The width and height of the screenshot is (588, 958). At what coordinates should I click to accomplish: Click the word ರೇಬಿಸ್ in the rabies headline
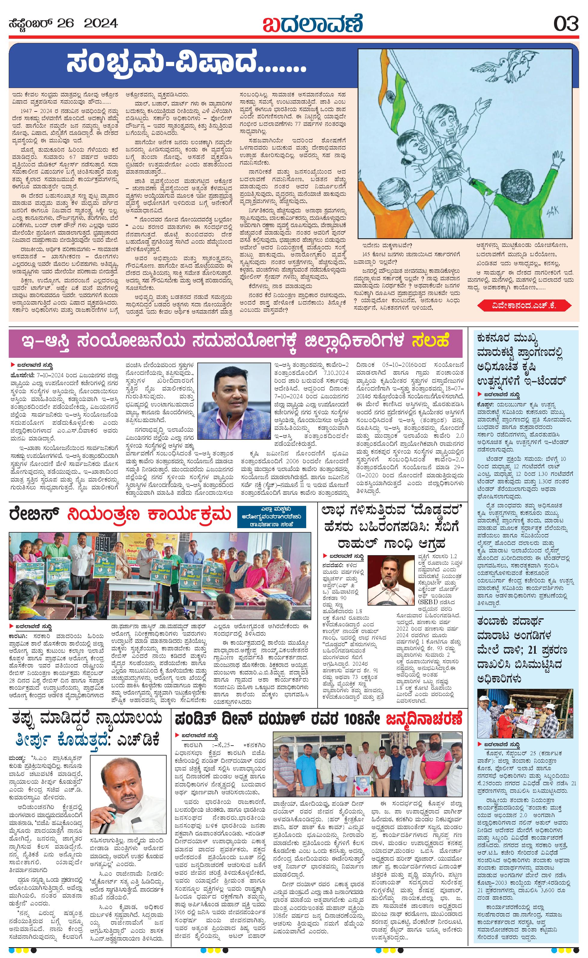(x=35, y=515)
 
